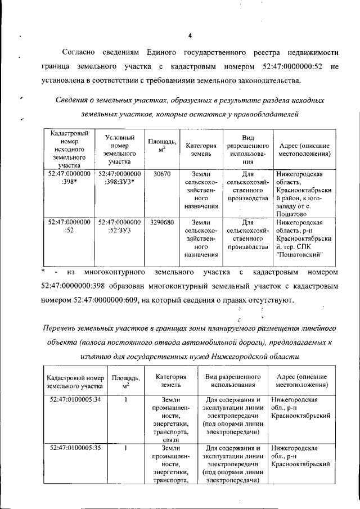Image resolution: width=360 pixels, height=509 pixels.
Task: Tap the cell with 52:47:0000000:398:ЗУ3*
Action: tap(119, 178)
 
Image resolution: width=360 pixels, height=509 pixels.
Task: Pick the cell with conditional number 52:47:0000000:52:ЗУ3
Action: tap(119, 227)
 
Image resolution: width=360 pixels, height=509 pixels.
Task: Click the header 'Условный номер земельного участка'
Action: tap(119, 148)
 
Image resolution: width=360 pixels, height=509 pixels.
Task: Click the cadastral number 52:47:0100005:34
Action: tap(75, 399)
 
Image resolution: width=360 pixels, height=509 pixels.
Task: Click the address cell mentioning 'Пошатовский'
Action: tap(305, 238)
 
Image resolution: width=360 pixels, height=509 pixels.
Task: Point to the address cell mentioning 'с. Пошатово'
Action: tap(305, 194)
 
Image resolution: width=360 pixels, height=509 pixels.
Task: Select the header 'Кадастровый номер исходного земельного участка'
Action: tap(69, 148)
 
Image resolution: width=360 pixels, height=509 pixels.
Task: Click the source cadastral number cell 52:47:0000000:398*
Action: tap(69, 178)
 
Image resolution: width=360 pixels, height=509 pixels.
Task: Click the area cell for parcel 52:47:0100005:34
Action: tap(127, 399)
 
